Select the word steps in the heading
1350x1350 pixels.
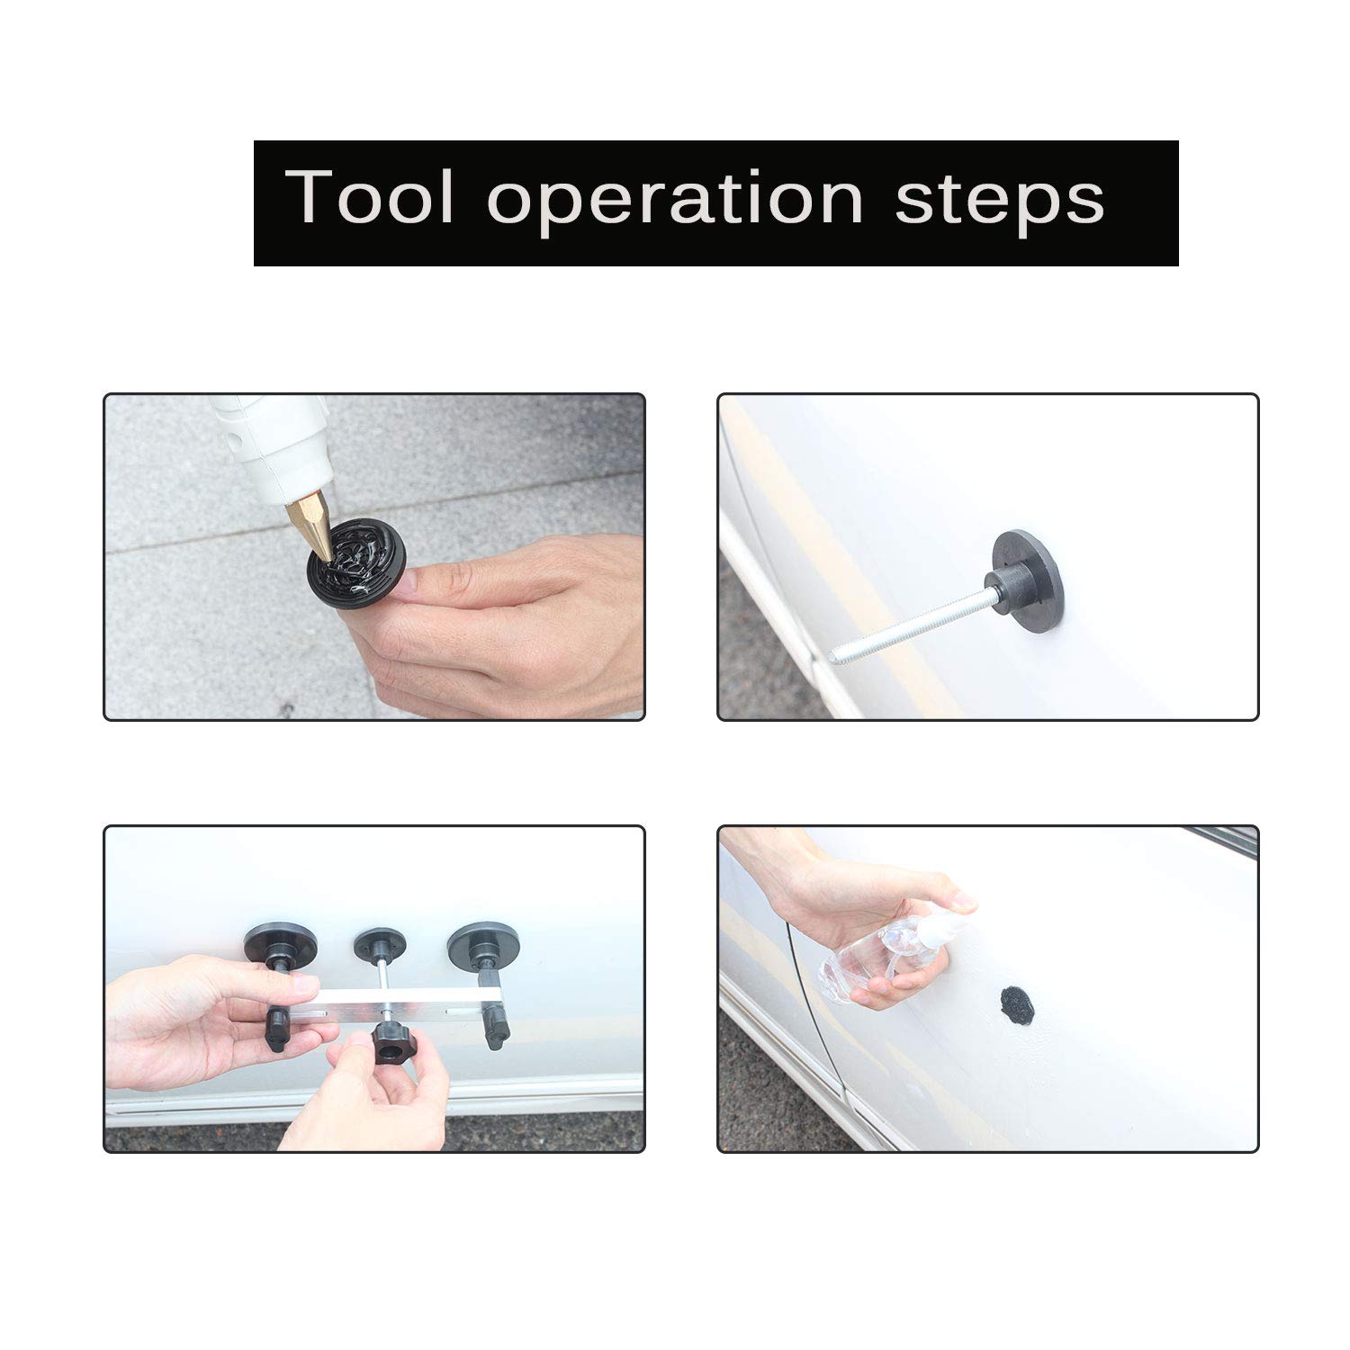point(999,200)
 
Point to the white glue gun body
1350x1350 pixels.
point(270,441)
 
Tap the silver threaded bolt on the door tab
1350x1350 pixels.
point(909,626)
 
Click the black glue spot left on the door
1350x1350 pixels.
point(1018,1003)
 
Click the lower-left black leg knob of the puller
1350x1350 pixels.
point(276,1030)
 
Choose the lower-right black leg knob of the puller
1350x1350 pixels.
point(496,1028)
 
